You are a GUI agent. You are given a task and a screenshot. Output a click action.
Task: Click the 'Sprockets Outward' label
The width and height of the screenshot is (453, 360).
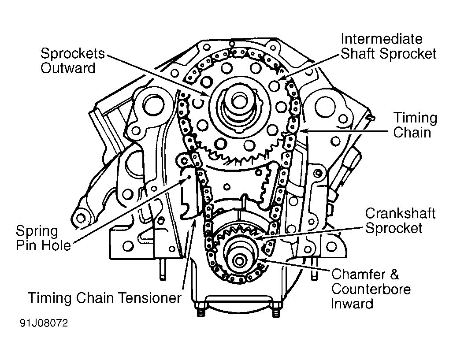73,61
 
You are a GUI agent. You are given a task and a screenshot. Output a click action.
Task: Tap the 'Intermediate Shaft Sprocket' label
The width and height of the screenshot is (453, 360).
389,46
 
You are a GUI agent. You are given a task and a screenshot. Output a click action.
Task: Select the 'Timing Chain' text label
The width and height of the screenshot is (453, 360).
415,125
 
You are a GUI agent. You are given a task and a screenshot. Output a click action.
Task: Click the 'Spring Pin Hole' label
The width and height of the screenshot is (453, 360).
43,238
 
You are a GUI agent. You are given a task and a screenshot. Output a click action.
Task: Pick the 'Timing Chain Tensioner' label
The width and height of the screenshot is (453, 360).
104,297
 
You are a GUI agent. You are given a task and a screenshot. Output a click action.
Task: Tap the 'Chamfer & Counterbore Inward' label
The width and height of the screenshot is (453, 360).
371,289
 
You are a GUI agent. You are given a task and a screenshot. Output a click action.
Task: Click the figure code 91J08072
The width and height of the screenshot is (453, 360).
44,323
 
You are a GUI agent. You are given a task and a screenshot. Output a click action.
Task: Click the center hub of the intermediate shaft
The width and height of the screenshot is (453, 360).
239,101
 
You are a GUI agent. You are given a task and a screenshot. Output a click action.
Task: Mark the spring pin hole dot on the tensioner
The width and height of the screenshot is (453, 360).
189,177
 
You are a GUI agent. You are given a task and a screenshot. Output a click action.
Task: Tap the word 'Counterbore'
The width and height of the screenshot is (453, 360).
371,289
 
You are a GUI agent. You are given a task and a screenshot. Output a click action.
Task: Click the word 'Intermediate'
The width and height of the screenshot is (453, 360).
382,39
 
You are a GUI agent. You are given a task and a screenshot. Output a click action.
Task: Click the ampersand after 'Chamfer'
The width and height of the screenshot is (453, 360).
394,275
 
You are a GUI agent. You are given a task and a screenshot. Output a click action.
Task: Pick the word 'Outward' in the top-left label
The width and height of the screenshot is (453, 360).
68,68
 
